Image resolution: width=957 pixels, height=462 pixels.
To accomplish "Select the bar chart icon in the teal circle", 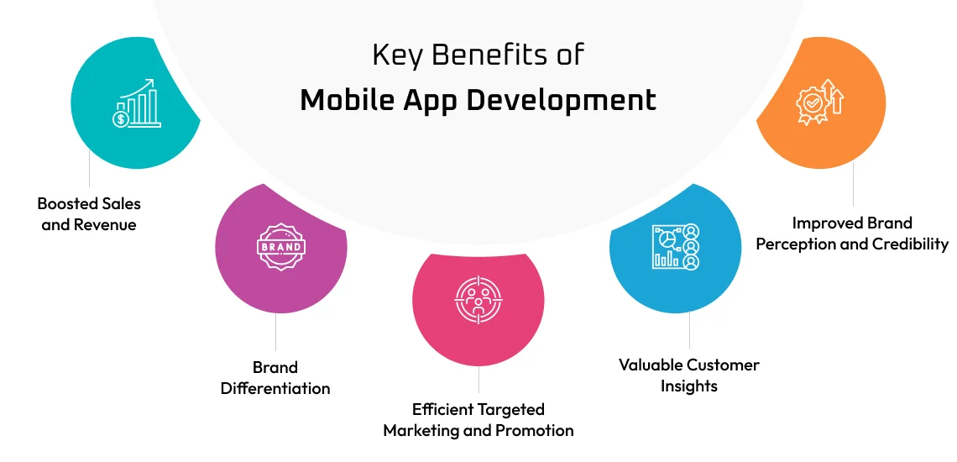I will pos(135,104).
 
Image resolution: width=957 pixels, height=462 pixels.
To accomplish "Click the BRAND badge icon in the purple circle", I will pos(281,248).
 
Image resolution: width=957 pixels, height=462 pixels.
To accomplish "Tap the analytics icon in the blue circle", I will pos(675,247).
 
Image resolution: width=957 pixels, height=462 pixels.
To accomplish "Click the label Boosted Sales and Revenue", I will pos(89,214).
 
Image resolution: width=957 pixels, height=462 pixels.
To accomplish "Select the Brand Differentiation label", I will pos(275,378).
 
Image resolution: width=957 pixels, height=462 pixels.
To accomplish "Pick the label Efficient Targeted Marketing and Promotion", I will pos(478,420).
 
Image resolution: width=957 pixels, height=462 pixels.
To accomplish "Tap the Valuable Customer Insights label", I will pos(689,375).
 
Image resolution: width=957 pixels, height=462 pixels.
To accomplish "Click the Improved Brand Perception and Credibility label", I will pos(852,234).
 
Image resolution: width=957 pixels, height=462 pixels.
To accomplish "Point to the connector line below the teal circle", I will pos(89,171).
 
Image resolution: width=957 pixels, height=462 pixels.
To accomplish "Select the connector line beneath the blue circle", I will pos(689,331).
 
